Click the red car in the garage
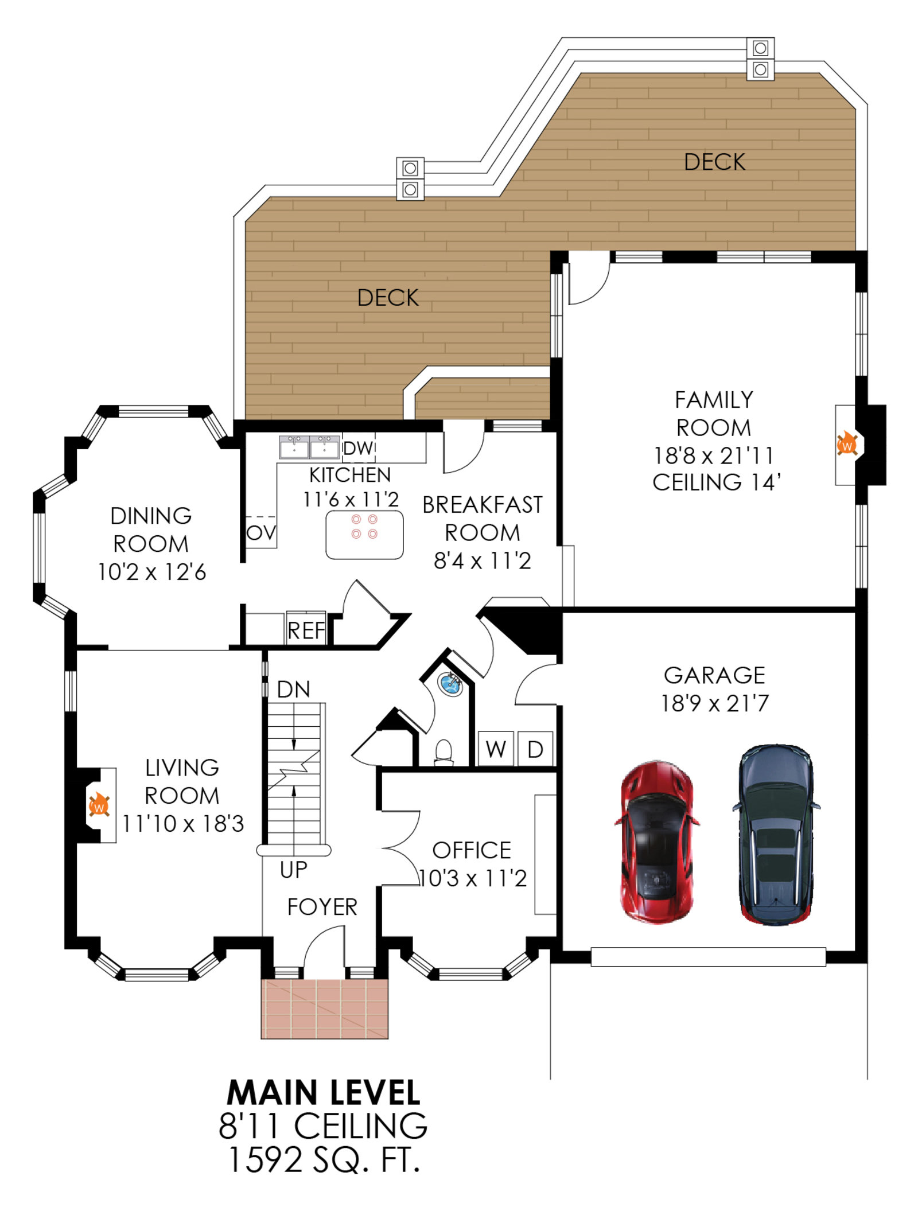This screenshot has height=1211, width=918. pos(657,842)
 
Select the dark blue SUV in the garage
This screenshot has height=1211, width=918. pos(776,835)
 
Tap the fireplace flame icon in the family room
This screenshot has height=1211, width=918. pos(847,444)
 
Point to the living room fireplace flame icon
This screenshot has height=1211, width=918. pos(99,805)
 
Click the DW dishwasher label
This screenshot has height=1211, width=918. pos(359,448)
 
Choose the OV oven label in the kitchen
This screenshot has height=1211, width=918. pos(261,533)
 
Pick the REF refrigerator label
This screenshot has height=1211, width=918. pos(306,631)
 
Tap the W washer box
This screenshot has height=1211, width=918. pos(496,749)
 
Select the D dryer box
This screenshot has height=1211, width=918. pos(535,749)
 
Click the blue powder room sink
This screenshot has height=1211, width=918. pos(450,684)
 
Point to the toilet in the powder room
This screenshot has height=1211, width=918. pos(444,753)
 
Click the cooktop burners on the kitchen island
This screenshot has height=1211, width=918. pos(364,527)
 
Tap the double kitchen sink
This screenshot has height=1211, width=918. pos(309,447)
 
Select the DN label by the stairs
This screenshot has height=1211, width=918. pos(293,690)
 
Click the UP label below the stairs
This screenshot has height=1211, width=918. pos(294,870)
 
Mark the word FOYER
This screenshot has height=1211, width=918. pos(322,907)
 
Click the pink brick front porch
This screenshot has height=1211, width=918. pos(325,1008)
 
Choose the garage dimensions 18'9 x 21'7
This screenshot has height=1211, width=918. pos(714,703)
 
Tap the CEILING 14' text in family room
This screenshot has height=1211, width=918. pos(717,482)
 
